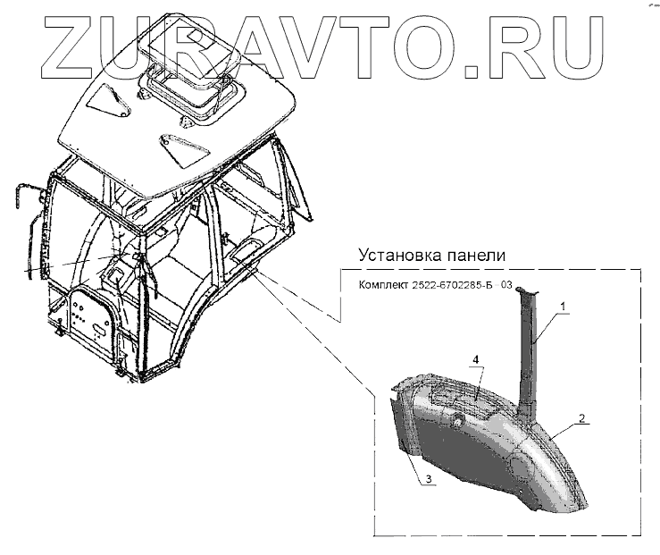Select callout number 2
click(x=581, y=417)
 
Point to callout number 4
click(x=476, y=359)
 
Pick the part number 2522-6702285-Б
click(x=455, y=286)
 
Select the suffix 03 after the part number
click(x=506, y=286)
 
